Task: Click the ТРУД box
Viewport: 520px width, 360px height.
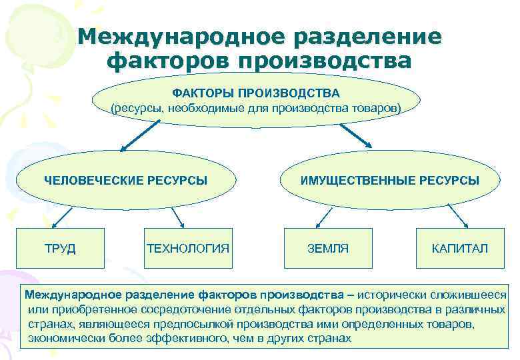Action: tap(60, 249)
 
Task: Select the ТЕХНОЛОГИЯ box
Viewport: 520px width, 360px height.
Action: tap(188, 249)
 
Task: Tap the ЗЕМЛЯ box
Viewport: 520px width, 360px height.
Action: tap(328, 249)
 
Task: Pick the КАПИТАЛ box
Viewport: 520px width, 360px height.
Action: tap(460, 249)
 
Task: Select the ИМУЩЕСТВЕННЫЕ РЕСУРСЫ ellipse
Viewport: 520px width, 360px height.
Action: tap(390, 180)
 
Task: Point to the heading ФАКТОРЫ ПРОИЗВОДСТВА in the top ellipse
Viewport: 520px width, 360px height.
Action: tap(257, 93)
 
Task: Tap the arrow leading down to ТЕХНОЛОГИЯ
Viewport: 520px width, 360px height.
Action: tap(177, 217)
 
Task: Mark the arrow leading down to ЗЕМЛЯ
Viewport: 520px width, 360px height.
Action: tap(323, 217)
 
